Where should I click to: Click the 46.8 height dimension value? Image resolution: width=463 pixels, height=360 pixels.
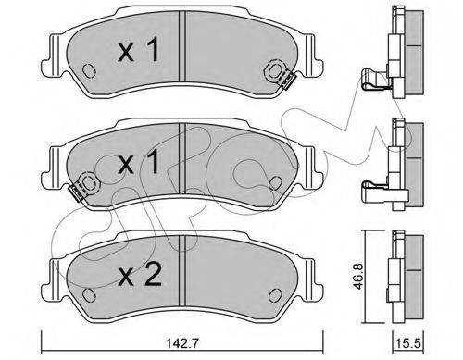pos(358,276)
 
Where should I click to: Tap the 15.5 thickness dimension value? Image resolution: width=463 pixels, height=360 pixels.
pos(409,343)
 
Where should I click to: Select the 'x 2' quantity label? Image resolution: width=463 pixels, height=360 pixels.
pos(140,276)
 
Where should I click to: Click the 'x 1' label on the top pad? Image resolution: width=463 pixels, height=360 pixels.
pos(139,50)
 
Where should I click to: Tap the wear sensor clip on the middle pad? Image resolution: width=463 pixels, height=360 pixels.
pos(76,193)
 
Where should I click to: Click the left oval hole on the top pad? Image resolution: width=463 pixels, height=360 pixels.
pos(89,70)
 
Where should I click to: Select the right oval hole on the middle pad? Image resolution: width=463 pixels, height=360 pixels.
pos(275,183)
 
